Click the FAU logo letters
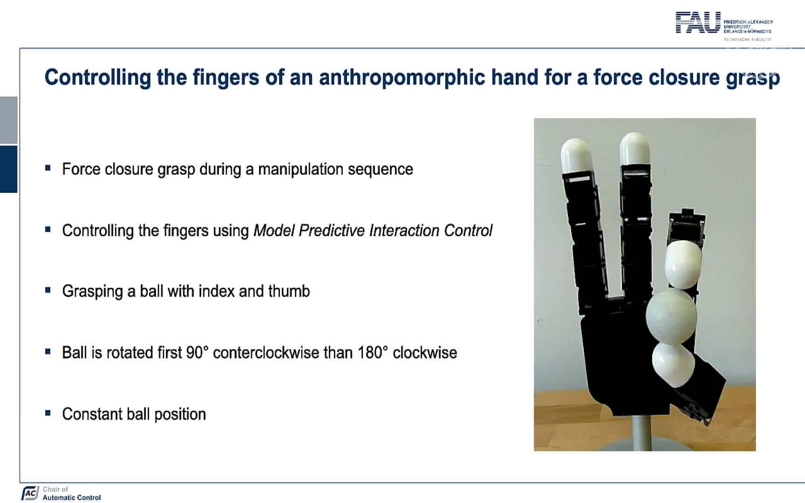(698, 22)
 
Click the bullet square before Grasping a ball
(48, 290)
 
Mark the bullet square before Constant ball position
(48, 413)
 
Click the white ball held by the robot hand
(671, 316)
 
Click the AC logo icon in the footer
(30, 493)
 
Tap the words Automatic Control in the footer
(72, 497)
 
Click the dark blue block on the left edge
(8, 169)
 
